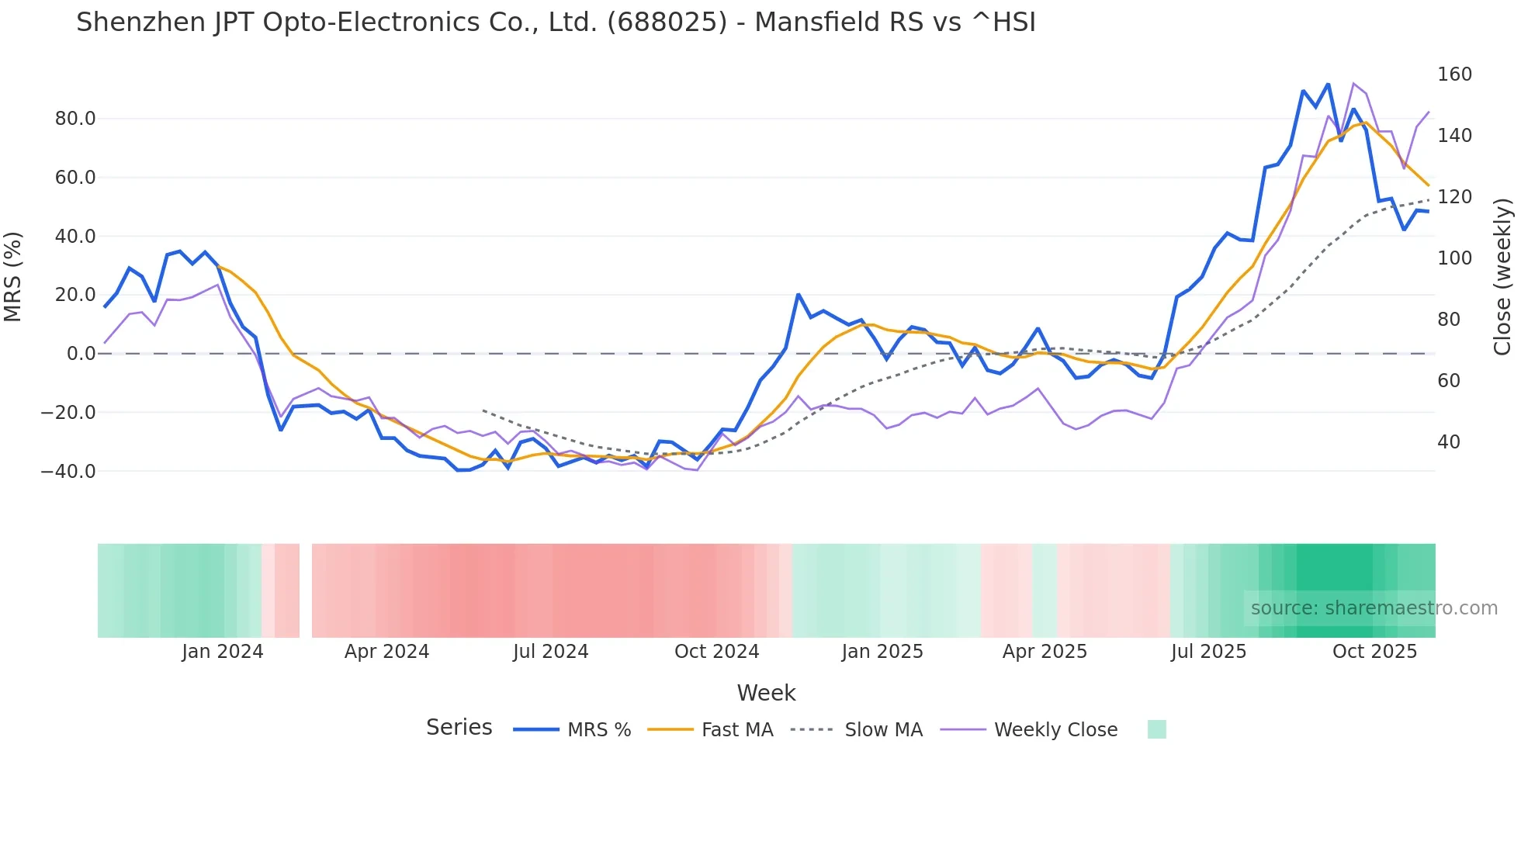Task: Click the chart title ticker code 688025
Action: pyautogui.click(x=667, y=22)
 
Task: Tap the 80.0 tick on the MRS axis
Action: pyautogui.click(x=75, y=119)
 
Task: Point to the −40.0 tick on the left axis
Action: pyautogui.click(x=68, y=471)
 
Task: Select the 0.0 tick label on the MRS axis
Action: pyautogui.click(x=81, y=354)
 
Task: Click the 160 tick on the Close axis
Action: pyautogui.click(x=1454, y=74)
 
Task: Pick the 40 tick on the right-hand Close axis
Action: pyautogui.click(x=1449, y=442)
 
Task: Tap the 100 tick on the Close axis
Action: pyautogui.click(x=1454, y=258)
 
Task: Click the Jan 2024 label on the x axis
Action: pyautogui.click(x=223, y=652)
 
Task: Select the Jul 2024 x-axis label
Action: pyautogui.click(x=551, y=652)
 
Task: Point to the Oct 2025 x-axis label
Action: pyautogui.click(x=1374, y=652)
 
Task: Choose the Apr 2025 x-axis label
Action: pyautogui.click(x=1045, y=652)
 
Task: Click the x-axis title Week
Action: pyautogui.click(x=766, y=693)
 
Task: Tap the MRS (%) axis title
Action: pyautogui.click(x=13, y=277)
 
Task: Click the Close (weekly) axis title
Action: pyautogui.click(x=1503, y=277)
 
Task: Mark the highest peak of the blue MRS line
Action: pyautogui.click(x=1328, y=84)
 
